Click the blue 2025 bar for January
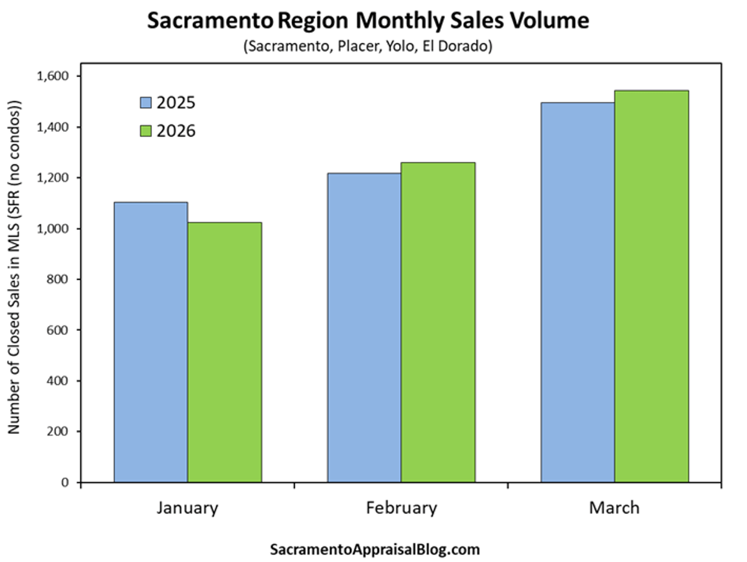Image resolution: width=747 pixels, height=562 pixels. (x=151, y=342)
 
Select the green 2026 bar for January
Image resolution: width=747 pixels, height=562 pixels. (x=225, y=352)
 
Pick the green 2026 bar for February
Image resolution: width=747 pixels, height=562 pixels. (x=438, y=322)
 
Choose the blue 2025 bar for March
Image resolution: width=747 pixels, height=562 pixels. (x=578, y=293)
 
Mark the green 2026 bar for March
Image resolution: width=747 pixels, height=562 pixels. (x=652, y=286)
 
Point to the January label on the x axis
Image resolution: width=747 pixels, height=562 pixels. (x=187, y=508)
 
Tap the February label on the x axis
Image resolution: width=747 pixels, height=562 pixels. (x=402, y=508)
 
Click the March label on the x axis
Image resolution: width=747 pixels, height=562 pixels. (x=614, y=508)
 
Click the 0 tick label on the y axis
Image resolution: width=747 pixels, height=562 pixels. (x=65, y=482)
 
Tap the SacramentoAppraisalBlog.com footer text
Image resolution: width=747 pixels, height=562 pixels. (x=375, y=550)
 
